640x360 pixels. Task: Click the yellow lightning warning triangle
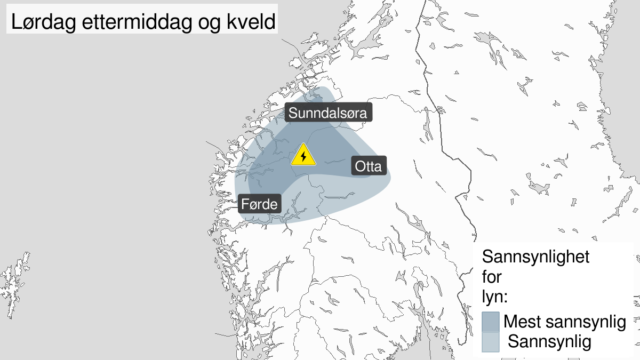(303, 155)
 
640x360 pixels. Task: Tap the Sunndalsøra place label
(328, 113)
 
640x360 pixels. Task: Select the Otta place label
(368, 166)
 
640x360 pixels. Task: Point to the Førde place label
(259, 203)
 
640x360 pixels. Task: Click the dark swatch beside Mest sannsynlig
(490, 322)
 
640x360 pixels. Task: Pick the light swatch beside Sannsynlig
(490, 342)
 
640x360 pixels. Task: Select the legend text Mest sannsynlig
(564, 322)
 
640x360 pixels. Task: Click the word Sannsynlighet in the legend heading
(536, 257)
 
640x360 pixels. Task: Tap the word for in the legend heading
(492, 277)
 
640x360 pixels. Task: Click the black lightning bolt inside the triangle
(303, 156)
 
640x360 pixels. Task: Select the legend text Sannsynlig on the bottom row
(549, 341)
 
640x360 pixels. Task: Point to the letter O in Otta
(359, 166)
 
